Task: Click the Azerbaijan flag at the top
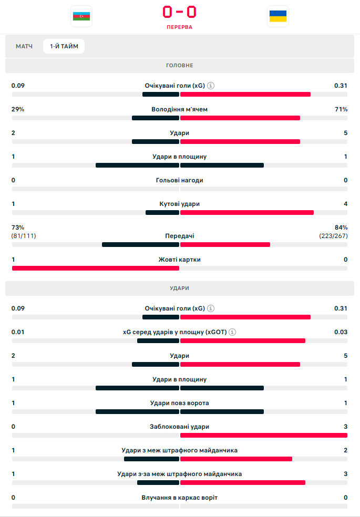(81, 16)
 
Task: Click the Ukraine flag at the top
(277, 16)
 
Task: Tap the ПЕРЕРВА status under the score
(180, 27)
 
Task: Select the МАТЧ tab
(24, 47)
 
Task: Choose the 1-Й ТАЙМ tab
(64, 47)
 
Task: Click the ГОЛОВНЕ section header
(180, 66)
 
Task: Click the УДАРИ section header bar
(180, 288)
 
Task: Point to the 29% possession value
(18, 109)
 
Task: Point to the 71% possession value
(342, 109)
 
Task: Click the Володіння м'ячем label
(180, 109)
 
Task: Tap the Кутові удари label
(180, 204)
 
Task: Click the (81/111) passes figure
(24, 236)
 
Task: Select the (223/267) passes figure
(333, 236)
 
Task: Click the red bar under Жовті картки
(96, 268)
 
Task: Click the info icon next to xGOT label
(232, 332)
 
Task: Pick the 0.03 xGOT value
(341, 332)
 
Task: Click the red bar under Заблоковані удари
(264, 435)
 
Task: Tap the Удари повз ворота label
(180, 403)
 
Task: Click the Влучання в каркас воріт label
(180, 498)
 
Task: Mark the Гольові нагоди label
(180, 180)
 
